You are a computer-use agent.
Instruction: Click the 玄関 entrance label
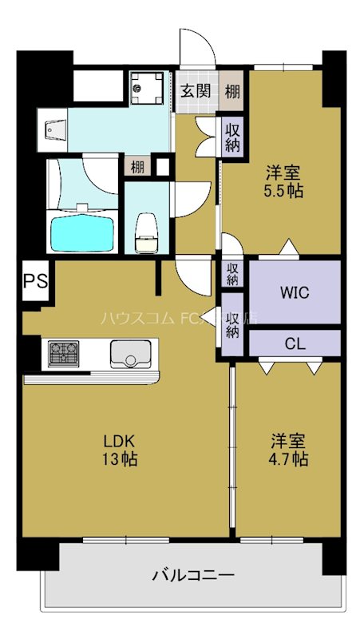[x=195, y=91]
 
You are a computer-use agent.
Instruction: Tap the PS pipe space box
[x=34, y=281]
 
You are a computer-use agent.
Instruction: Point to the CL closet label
[x=294, y=344]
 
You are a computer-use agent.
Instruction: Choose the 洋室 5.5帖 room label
[x=285, y=181]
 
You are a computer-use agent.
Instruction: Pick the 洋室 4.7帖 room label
[x=288, y=450]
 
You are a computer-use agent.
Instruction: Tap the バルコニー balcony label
[x=192, y=574]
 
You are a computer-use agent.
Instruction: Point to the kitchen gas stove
[x=63, y=352]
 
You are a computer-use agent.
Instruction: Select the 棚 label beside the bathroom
[x=137, y=167]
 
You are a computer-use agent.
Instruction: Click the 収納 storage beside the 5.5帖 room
[x=232, y=136]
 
